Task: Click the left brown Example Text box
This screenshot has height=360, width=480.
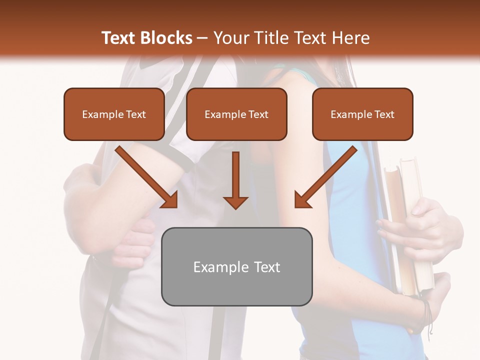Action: click(x=114, y=114)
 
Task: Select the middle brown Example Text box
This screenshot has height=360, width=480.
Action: click(x=236, y=114)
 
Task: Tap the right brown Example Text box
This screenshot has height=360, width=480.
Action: click(x=362, y=114)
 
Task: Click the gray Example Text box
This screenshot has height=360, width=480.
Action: click(x=236, y=266)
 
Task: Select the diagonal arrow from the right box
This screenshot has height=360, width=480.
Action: click(x=325, y=177)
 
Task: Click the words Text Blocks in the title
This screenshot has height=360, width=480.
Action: click(x=147, y=38)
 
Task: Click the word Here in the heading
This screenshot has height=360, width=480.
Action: click(x=349, y=38)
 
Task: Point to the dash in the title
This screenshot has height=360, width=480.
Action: click(x=202, y=38)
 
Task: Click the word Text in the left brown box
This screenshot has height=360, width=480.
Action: click(x=136, y=114)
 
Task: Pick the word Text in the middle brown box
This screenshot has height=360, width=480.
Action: click(x=258, y=114)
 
